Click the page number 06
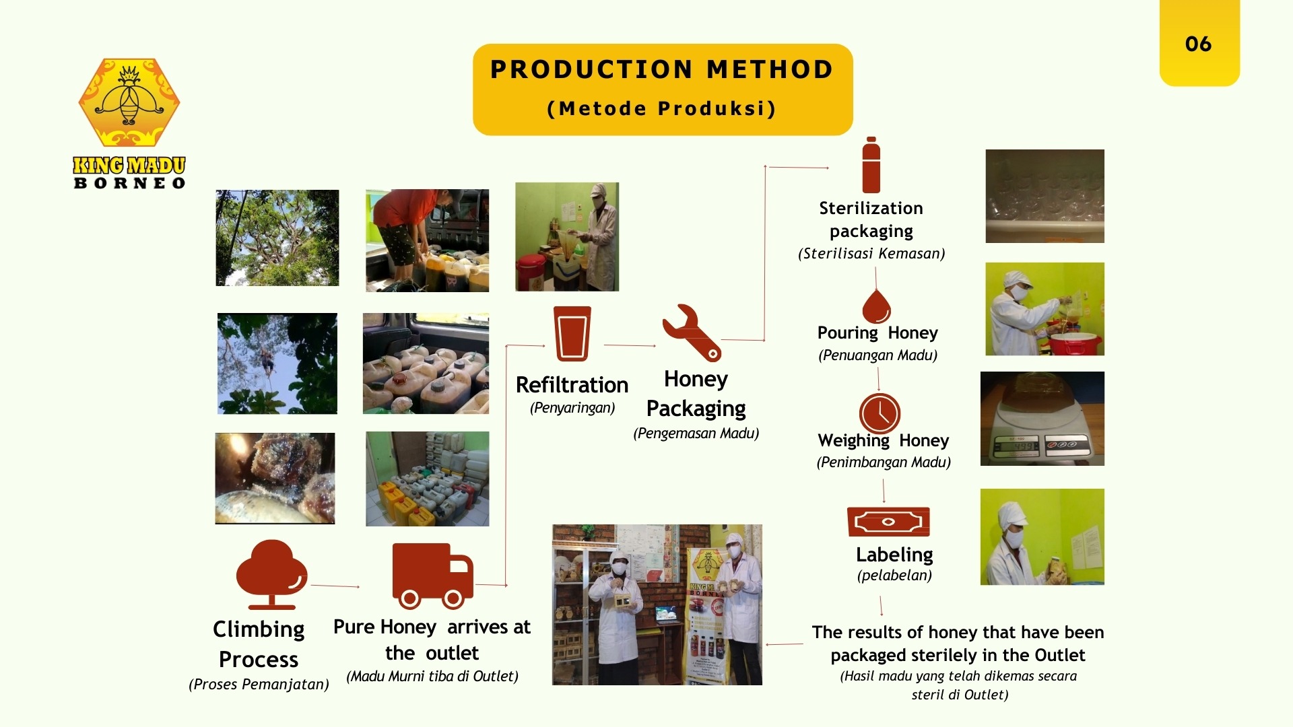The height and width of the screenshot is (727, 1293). [1198, 44]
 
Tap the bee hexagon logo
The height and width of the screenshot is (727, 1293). [129, 102]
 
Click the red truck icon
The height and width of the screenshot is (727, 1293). [432, 576]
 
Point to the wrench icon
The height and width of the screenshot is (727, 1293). [692, 333]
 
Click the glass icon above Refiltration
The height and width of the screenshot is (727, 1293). [572, 334]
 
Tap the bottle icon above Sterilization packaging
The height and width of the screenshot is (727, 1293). [871, 165]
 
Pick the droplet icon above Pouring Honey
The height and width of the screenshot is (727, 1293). [876, 306]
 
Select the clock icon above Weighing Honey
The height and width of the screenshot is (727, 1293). [880, 413]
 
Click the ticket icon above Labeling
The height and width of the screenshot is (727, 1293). [888, 522]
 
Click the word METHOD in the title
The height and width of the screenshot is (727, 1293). [770, 69]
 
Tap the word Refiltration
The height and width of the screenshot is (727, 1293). [572, 385]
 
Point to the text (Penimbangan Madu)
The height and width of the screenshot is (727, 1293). [884, 462]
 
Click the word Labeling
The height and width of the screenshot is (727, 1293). [894, 555]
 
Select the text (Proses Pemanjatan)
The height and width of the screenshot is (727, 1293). [259, 685]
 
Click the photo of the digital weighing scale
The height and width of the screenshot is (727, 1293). [1042, 419]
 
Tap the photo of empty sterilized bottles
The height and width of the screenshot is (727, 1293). [1045, 196]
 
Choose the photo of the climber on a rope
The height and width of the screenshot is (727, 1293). [277, 363]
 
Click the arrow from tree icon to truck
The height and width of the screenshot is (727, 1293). [335, 586]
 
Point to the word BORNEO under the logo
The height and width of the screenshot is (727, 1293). [129, 183]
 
